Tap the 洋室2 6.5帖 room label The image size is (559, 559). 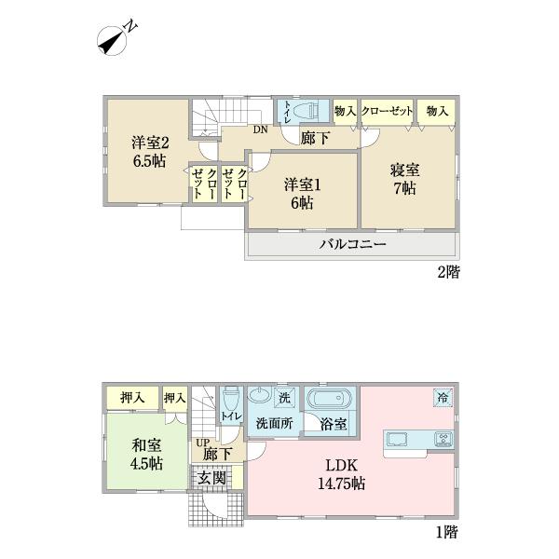click(148, 152)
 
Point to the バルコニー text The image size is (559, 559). click(353, 245)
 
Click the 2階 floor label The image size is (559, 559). click(448, 273)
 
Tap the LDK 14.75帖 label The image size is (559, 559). click(342, 473)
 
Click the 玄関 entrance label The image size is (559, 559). click(211, 478)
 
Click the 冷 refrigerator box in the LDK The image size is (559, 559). click(442, 398)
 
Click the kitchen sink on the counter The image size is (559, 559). click(395, 438)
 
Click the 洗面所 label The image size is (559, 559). click(275, 424)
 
